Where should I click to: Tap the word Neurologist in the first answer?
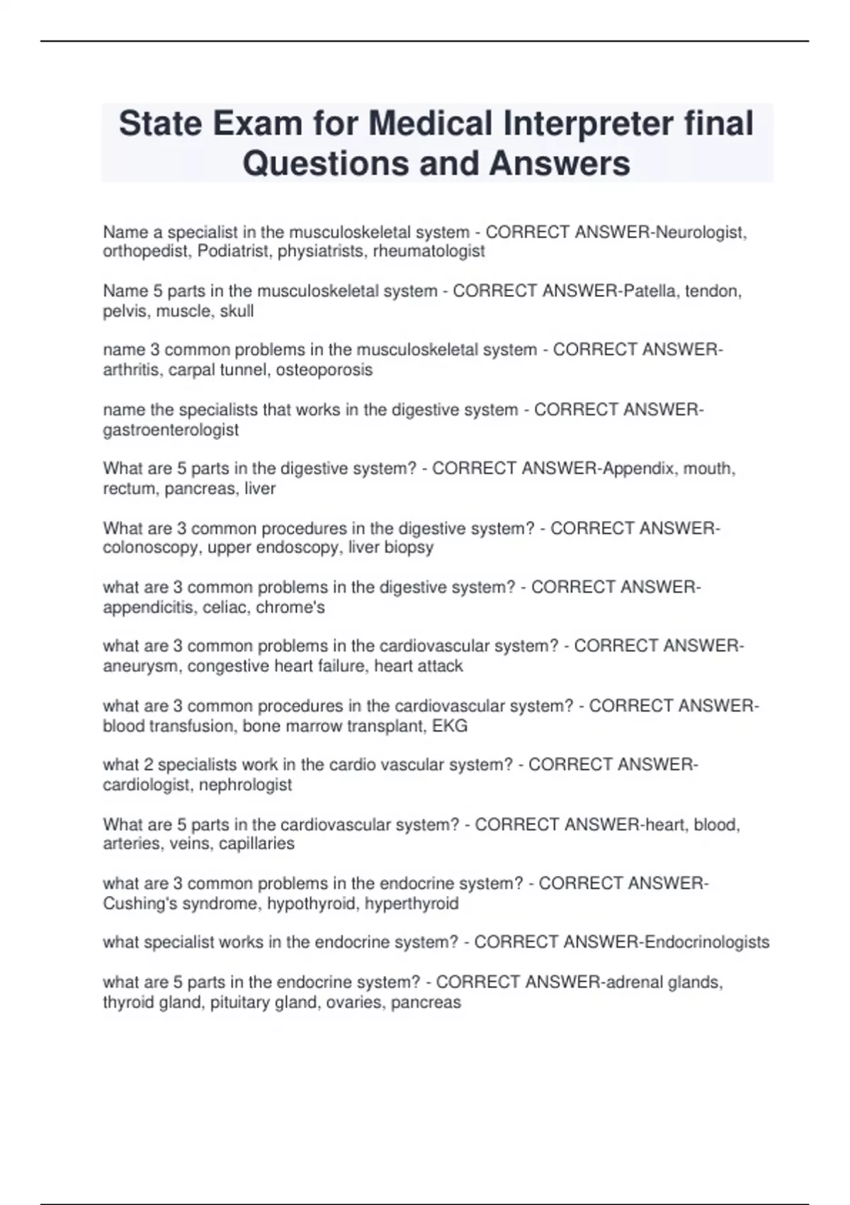700,232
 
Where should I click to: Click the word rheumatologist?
429,251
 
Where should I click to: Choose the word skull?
237,310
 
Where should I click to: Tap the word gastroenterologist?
171,430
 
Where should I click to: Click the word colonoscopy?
151,547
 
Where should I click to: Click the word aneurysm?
140,666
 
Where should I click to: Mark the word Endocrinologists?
707,942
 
